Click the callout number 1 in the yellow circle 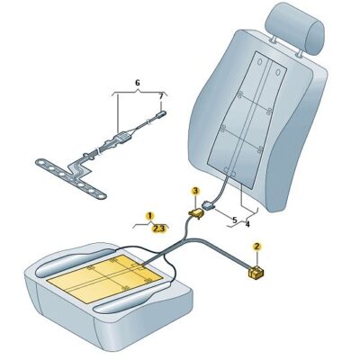150,216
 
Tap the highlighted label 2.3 159,229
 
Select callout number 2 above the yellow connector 256,247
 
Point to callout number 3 195,190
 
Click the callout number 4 247,224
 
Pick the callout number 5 235,220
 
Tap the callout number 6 138,83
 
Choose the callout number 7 161,96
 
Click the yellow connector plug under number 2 256,273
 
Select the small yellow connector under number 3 195,212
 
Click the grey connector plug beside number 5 209,205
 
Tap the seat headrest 296,29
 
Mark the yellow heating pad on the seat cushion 105,278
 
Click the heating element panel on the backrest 247,120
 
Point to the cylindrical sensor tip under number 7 162,113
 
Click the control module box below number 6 121,139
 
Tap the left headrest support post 274,39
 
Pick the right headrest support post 300,53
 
